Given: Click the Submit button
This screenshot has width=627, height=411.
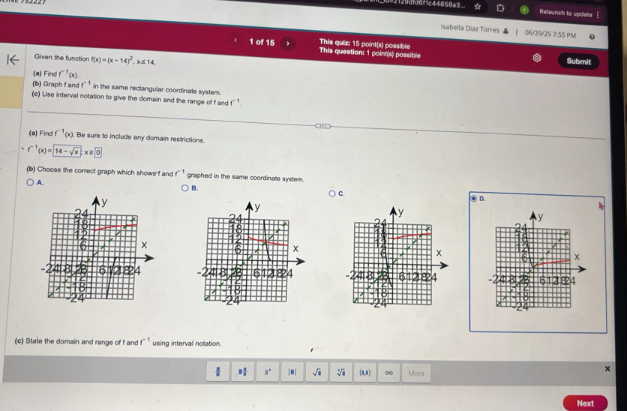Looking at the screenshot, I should click(579, 61).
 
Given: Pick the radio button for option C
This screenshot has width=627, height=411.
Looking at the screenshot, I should click(331, 193).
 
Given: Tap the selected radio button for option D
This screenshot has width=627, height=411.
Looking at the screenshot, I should click(472, 198).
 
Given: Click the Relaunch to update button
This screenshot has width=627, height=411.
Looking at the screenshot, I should click(565, 13).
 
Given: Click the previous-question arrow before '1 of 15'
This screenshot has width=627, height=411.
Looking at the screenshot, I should click(235, 42).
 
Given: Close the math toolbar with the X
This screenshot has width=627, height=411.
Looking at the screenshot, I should click(607, 368).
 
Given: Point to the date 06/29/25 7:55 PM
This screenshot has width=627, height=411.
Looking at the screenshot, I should click(550, 34).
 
